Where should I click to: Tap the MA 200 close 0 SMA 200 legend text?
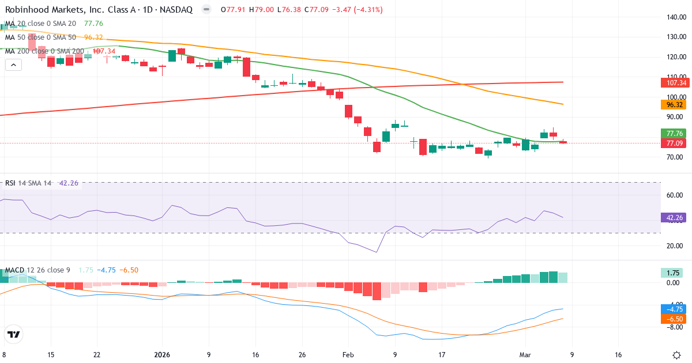pos(44,51)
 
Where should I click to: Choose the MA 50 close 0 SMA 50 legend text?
pos(40,37)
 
